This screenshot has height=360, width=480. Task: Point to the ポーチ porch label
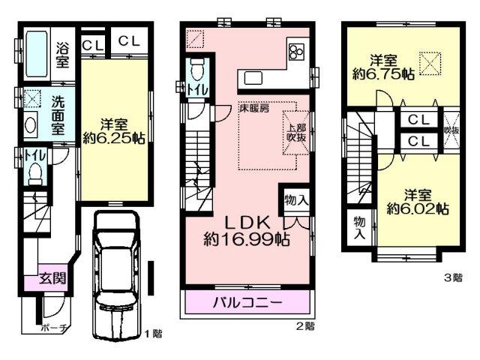pos(55,328)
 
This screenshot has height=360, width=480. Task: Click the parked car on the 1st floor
pos(116,274)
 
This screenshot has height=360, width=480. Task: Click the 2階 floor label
pos(304,327)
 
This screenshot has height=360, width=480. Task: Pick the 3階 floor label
pos(453,277)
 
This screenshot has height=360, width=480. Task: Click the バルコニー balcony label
pos(247,303)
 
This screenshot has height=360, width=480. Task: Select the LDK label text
pos(247,223)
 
